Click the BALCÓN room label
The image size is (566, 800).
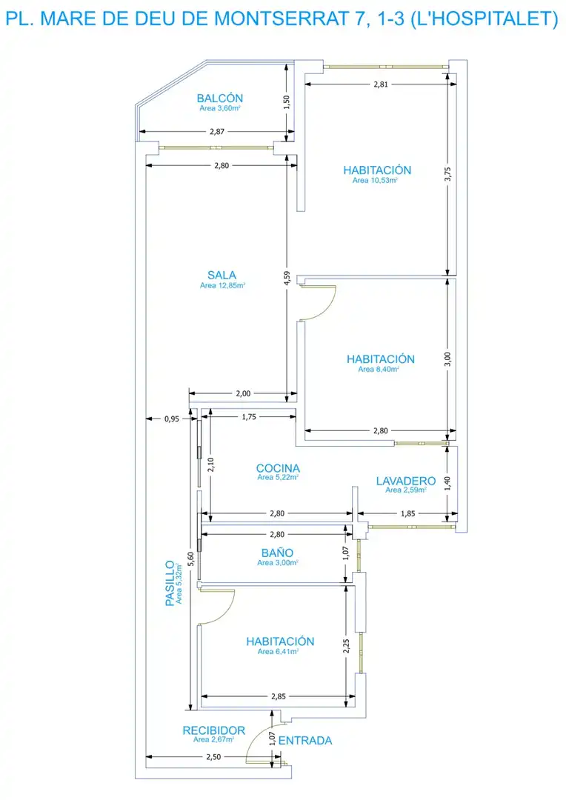click(x=220, y=98)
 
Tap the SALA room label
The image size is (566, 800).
click(x=222, y=275)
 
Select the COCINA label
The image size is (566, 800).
click(x=278, y=468)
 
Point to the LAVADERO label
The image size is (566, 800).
click(x=406, y=481)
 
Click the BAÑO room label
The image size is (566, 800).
click(x=277, y=553)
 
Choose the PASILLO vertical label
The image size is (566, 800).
click(x=170, y=583)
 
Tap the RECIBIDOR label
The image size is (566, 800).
click(x=214, y=730)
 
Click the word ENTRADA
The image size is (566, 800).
click(x=305, y=740)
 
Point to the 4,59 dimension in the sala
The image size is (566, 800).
click(x=287, y=278)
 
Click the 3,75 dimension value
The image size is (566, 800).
click(x=447, y=174)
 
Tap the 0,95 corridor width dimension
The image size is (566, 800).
click(x=172, y=419)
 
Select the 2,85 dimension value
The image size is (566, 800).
click(x=279, y=696)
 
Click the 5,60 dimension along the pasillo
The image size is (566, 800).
click(x=190, y=559)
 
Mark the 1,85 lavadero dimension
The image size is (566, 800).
click(x=407, y=514)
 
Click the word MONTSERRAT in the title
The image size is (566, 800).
click(x=283, y=19)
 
